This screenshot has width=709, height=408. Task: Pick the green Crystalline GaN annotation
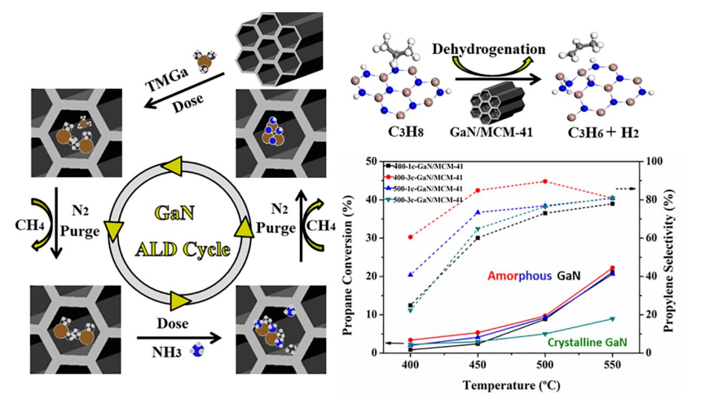tap(587, 343)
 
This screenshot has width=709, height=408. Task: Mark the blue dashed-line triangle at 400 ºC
tap(411, 274)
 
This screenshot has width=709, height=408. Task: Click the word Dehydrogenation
tap(500, 49)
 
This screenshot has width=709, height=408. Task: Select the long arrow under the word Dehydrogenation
tap(500, 80)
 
